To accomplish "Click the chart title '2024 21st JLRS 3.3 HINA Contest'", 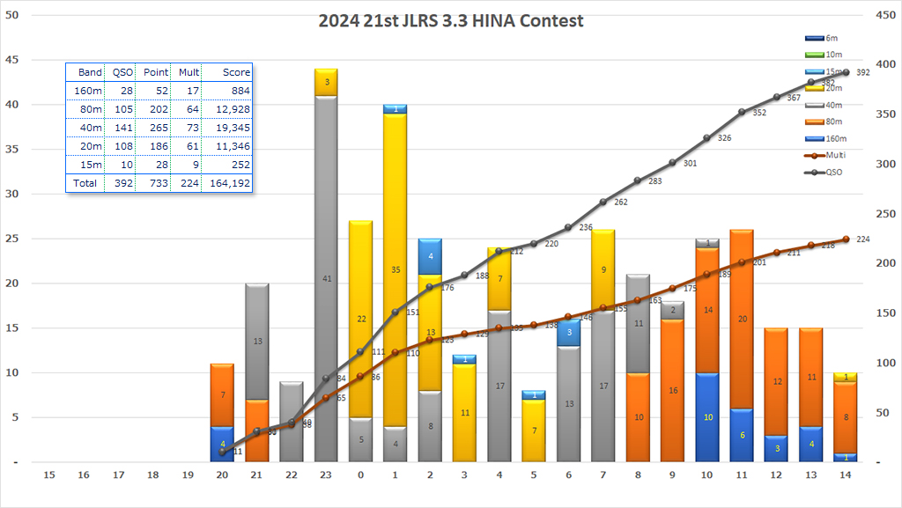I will click(450, 20).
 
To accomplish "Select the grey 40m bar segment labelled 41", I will click(326, 277).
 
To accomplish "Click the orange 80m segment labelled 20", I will click(742, 319).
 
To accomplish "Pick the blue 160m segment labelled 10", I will click(707, 417).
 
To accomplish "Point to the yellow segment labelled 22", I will click(360, 319).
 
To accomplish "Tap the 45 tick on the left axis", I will click(14, 60).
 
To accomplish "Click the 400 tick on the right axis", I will click(881, 65).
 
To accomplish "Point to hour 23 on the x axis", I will click(326, 475).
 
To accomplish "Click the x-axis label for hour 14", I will click(846, 475).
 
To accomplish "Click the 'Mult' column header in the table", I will click(189, 72).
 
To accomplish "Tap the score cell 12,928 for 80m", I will click(233, 109).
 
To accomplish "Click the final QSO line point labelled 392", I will click(846, 72).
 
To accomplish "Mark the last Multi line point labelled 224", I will click(846, 239).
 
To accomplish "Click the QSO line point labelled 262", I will click(603, 202).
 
